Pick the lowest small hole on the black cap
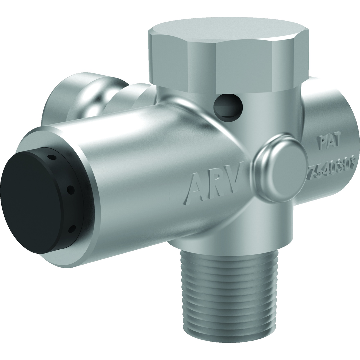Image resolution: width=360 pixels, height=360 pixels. tap(71, 229)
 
